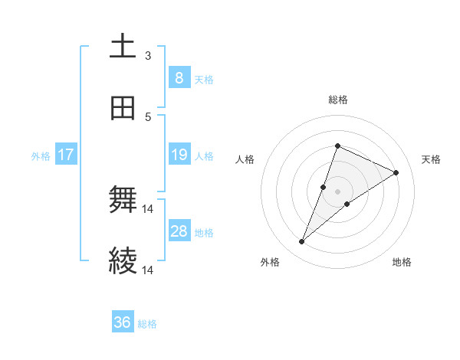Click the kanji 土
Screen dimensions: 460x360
click(x=123, y=47)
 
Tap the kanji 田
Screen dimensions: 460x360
click(x=123, y=109)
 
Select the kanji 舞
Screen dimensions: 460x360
click(x=123, y=201)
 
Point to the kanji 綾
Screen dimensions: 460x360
click(x=123, y=262)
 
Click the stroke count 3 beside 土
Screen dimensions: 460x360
click(x=148, y=56)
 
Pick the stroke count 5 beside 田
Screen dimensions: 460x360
click(x=148, y=117)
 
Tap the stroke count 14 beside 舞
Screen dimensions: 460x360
click(x=148, y=209)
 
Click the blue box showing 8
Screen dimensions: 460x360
click(x=179, y=78)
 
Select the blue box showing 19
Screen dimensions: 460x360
click(x=179, y=155)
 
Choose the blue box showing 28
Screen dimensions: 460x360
click(x=179, y=232)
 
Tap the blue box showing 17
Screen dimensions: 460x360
click(x=66, y=155)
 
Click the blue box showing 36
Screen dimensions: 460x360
click(x=122, y=323)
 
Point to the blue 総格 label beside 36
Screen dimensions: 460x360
click(x=148, y=324)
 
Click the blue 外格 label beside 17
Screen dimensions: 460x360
click(x=41, y=156)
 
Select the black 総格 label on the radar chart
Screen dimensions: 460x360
click(x=338, y=100)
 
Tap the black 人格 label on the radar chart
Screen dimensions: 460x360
click(x=245, y=159)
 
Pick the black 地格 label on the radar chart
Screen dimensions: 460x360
click(x=402, y=262)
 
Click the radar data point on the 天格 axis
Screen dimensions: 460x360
click(x=396, y=172)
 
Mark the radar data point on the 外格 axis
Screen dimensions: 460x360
click(x=302, y=242)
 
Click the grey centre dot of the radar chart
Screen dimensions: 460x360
click(x=338, y=191)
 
